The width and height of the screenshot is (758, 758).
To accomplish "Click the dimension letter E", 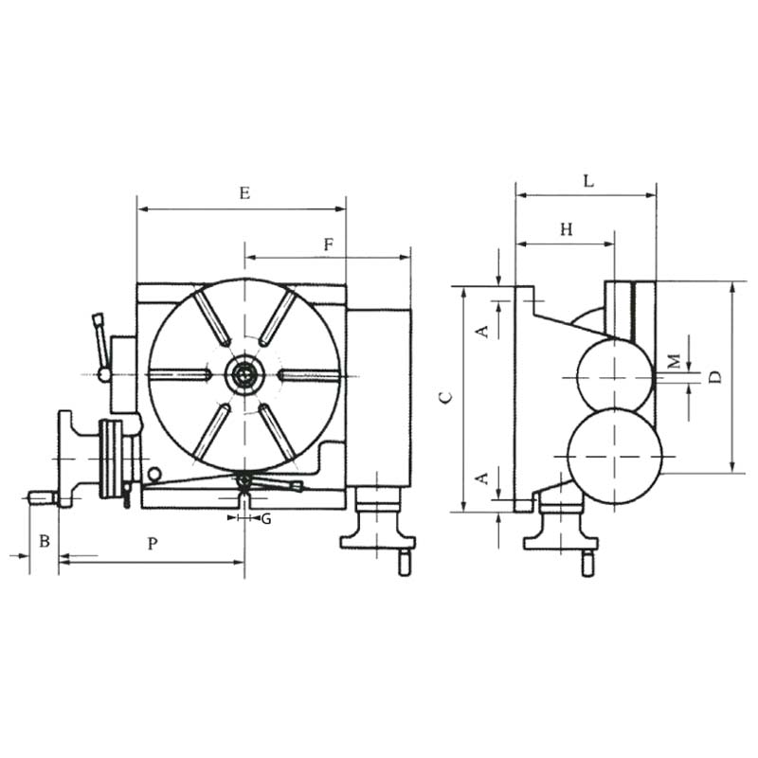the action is [x=245, y=193].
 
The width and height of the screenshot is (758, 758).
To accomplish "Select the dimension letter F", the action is [x=329, y=244].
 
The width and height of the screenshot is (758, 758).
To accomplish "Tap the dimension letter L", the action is [x=588, y=181].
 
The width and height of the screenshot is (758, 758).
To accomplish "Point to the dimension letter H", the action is [x=567, y=229].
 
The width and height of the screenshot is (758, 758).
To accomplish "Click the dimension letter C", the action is [x=445, y=397].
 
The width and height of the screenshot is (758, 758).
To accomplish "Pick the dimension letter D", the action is [x=715, y=377].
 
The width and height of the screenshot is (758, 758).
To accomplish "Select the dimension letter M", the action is [x=675, y=361].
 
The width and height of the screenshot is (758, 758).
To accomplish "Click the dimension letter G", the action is [x=266, y=519].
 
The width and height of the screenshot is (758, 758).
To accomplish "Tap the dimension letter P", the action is [x=153, y=544].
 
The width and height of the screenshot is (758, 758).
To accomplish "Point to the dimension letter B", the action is [x=45, y=541].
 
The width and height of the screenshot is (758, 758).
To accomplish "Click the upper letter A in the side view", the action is [x=482, y=332].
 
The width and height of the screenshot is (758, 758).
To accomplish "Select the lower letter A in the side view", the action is [x=482, y=478].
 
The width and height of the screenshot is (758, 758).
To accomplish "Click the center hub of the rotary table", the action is [x=245, y=374].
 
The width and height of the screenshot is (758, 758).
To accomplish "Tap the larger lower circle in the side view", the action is [x=568, y=457].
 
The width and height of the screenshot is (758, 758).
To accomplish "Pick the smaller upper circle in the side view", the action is [x=577, y=376].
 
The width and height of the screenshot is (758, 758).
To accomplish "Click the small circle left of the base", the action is [x=154, y=475].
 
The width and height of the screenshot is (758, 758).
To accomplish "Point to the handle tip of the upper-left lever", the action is [x=98, y=319].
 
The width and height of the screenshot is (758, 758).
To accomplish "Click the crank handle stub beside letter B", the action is [x=42, y=498].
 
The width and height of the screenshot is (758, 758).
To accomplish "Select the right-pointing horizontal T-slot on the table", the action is [x=308, y=374].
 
